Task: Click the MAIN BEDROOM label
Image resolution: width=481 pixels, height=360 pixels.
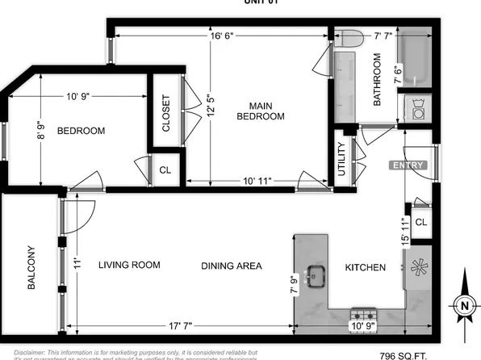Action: (261, 111)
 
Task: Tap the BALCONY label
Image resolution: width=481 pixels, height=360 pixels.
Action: (31, 268)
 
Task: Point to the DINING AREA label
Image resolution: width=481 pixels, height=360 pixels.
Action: (232, 266)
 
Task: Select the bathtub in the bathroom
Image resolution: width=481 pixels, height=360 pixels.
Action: (417, 57)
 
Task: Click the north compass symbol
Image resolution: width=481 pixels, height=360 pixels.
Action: (464, 304)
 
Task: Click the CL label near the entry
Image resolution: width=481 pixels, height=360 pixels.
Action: (420, 222)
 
